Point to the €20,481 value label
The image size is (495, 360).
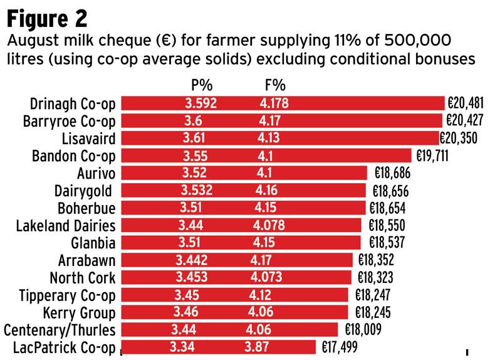(x=467, y=103)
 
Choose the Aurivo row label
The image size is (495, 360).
(x=95, y=173)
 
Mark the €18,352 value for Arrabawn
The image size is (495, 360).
(x=377, y=260)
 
